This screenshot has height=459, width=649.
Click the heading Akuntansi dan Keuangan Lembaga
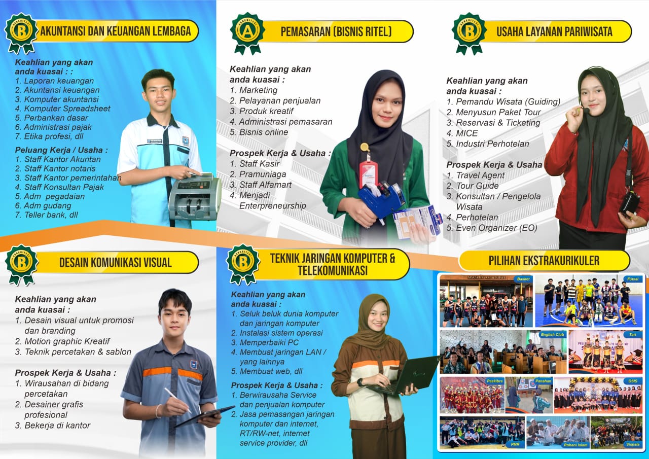click(115, 31)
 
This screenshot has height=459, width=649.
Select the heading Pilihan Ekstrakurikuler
click(544, 261)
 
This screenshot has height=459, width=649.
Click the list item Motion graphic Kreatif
click(67, 341)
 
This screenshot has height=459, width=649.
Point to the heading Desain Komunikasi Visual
click(115, 262)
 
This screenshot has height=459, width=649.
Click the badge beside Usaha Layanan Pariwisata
click(468, 31)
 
